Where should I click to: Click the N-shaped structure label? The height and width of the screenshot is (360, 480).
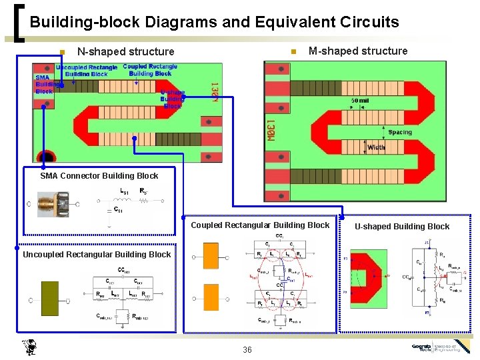point(125,51)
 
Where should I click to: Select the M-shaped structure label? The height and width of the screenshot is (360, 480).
point(358,51)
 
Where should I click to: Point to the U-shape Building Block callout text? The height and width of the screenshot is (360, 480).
point(172,99)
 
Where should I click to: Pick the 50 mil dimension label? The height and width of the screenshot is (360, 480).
point(361,101)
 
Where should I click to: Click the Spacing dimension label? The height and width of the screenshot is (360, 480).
point(399,132)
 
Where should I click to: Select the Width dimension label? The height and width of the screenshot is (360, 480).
point(376,147)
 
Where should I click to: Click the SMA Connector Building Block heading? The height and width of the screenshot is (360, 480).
point(99,176)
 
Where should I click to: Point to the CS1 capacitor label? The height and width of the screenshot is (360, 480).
point(117,210)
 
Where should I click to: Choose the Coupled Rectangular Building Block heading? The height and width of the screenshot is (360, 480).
point(260,225)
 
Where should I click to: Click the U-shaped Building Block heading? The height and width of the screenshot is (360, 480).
point(402,227)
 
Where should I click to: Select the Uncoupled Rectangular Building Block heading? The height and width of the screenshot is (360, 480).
point(97,255)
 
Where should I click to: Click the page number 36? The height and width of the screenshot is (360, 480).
point(247,350)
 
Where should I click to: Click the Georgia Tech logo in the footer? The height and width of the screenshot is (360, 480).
point(440,347)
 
